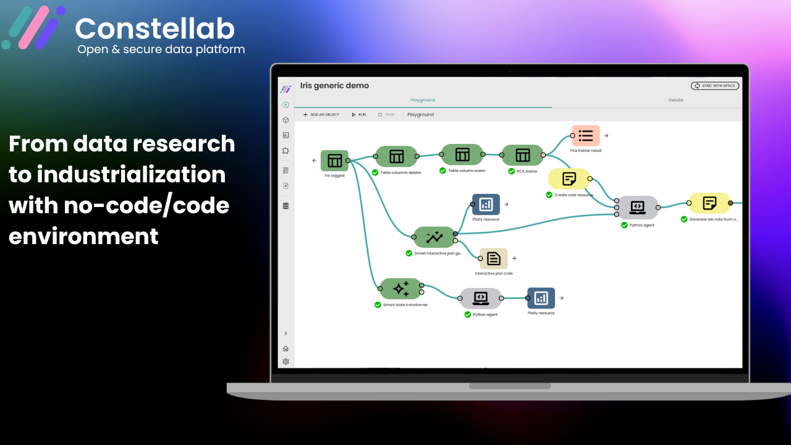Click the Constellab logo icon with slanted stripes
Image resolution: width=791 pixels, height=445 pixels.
click(x=34, y=28)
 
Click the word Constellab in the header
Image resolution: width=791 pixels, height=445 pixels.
click(x=154, y=28)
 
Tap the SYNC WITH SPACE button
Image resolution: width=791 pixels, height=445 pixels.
click(x=715, y=86)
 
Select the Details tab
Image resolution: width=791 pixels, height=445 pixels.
click(x=675, y=100)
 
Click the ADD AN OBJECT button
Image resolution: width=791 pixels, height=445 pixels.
click(x=321, y=115)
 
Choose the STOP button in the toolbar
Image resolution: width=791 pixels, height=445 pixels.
click(x=386, y=115)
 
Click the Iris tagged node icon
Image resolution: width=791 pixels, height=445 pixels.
click(x=334, y=161)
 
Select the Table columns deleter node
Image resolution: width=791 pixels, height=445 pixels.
click(x=396, y=156)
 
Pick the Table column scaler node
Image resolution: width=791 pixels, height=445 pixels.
click(x=462, y=155)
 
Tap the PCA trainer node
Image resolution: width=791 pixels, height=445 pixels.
click(x=523, y=155)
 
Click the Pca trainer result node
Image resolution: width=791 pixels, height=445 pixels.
click(x=586, y=136)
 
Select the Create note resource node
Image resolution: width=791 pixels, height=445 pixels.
click(x=569, y=179)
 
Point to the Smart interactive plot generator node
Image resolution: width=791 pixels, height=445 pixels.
click(x=434, y=236)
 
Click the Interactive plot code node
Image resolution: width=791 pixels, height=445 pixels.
click(x=494, y=258)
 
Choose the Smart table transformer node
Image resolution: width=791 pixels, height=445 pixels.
click(x=400, y=289)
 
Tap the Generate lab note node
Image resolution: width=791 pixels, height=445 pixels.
click(x=709, y=203)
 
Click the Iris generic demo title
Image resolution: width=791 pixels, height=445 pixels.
click(x=334, y=86)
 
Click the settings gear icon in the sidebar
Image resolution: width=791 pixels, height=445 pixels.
click(x=286, y=362)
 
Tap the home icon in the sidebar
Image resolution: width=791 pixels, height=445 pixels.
click(x=286, y=349)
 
